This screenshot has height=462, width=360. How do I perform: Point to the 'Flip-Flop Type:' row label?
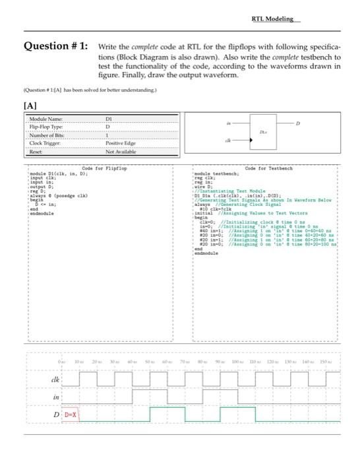(44, 127)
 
